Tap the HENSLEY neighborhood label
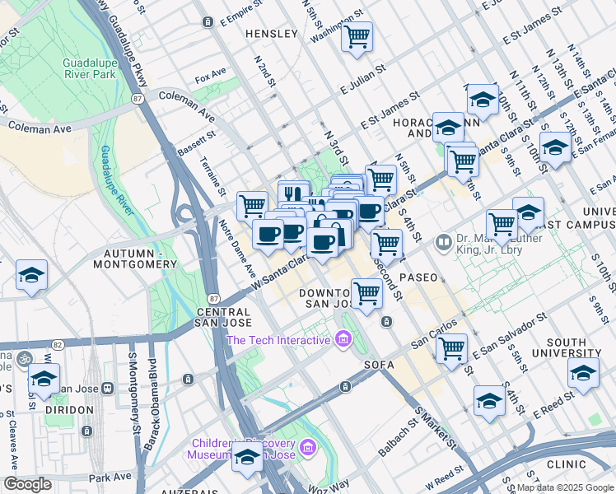(271, 34)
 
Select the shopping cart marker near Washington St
(357, 36)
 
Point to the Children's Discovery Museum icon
(308, 447)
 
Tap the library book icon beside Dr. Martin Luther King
(444, 242)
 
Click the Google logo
(27, 484)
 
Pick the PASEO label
(418, 277)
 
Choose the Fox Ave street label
(210, 78)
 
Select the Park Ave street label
(110, 477)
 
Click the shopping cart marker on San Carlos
(451, 348)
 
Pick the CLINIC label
(566, 464)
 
